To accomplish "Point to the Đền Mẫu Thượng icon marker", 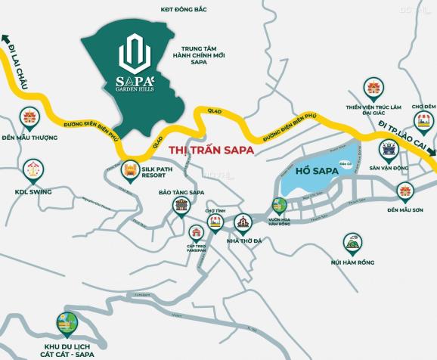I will [29, 118].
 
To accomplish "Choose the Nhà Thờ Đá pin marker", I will [242, 222].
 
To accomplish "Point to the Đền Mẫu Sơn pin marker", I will [406, 191].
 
